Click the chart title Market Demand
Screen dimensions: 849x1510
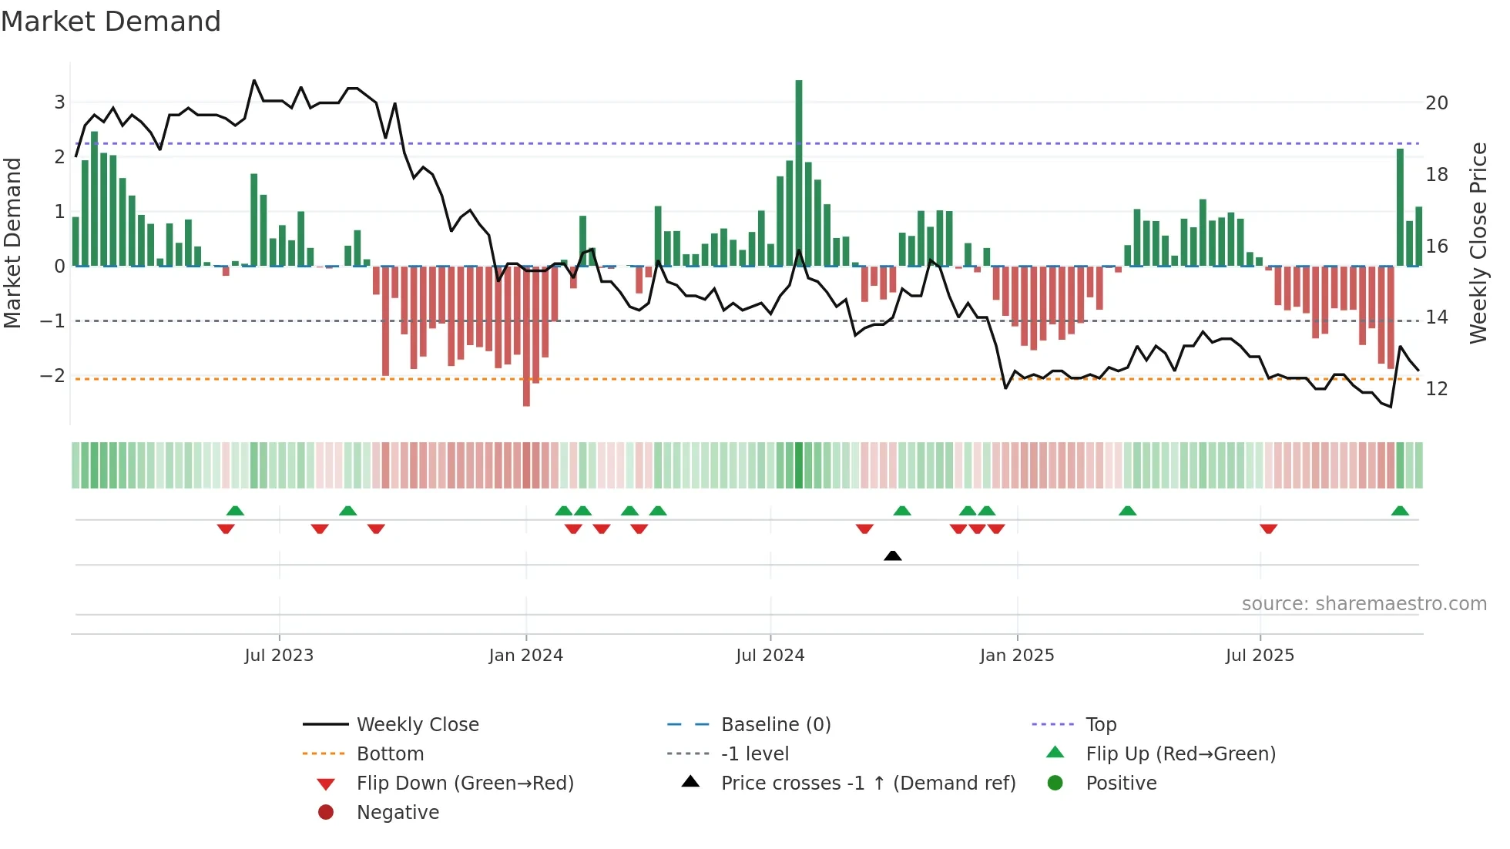[111, 22]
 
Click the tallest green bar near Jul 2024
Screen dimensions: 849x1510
[799, 173]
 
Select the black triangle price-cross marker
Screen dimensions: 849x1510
[892, 556]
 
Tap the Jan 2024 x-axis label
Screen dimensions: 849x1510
[525, 656]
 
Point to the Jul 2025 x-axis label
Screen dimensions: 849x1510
[1260, 656]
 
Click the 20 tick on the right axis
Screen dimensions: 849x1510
[1436, 103]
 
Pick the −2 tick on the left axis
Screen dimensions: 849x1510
[52, 376]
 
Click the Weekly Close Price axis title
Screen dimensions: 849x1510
[1478, 243]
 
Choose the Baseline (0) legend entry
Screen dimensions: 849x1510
[775, 725]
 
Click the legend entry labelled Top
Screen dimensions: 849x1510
[1100, 725]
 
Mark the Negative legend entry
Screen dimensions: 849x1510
[398, 813]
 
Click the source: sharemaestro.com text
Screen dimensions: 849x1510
[1364, 604]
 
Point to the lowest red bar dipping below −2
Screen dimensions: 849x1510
[526, 336]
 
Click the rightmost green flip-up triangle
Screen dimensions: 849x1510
[1400, 511]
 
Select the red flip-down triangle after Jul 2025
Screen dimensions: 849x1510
[1268, 529]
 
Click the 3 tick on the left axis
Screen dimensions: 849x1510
[59, 102]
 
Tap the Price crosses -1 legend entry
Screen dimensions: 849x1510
[867, 784]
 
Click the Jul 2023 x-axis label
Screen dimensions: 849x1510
[279, 656]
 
